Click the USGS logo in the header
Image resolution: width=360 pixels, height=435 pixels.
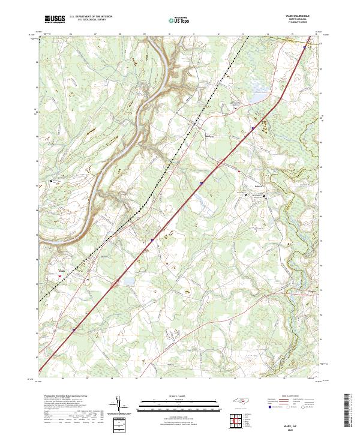tap(53, 20)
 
